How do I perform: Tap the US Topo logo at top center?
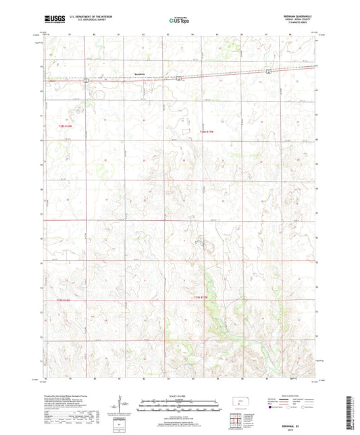pos(179,21)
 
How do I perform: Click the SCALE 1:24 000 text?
pos(180,395)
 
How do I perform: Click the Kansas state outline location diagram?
pos(240,406)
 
